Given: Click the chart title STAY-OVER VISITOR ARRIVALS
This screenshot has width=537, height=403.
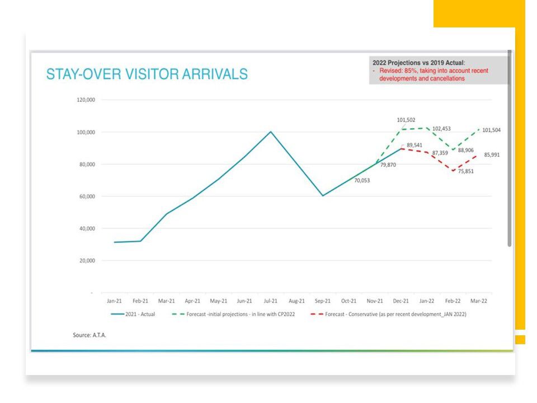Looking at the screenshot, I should point(147,74).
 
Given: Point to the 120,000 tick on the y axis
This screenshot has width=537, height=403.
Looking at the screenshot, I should point(86,100).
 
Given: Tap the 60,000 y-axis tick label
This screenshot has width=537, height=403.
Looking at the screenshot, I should point(87,196).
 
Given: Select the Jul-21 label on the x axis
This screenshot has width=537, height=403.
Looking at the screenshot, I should point(271,301).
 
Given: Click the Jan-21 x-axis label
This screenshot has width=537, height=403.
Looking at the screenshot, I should point(114,301).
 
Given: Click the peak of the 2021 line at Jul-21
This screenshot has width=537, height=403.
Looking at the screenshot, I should point(271,132).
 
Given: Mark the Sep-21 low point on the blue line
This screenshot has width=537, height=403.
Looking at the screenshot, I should point(323,196).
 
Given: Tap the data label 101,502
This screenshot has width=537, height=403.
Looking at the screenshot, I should point(406,120).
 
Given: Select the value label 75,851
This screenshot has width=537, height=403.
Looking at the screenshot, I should point(464,171).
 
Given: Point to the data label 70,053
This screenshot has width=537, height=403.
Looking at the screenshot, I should point(361,180).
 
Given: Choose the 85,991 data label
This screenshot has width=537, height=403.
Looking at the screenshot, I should point(492,154).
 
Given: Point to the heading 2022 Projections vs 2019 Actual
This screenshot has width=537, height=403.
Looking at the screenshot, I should point(418,63).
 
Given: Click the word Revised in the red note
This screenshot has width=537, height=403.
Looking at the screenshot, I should point(390,71).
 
